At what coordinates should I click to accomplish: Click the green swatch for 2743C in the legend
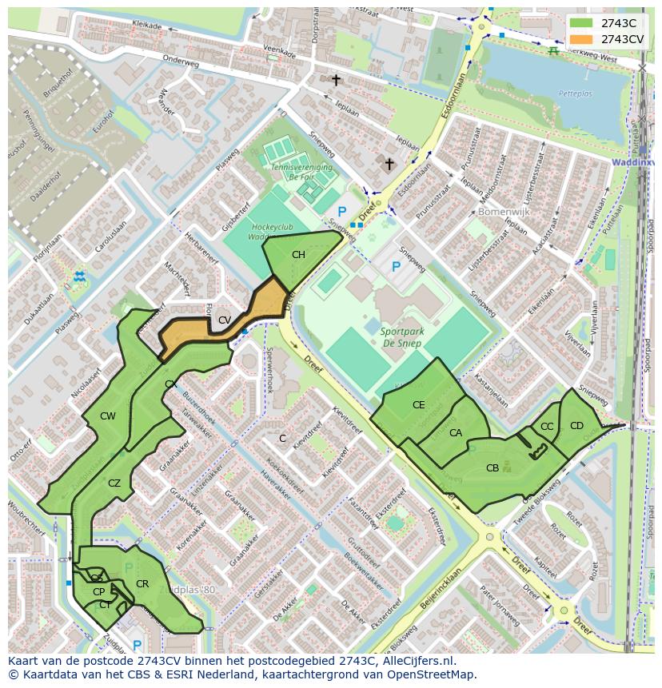coord(581,23)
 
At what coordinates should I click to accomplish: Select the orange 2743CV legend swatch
coord(581,39)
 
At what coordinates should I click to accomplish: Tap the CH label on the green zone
coord(298,255)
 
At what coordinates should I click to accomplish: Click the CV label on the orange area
coord(225,320)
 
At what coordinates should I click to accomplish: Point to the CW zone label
coord(108,416)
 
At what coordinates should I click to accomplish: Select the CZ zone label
coord(114,483)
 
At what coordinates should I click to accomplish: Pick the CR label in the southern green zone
coord(142,583)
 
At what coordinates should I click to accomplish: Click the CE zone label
coord(419,405)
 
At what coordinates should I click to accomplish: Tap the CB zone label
coord(493,467)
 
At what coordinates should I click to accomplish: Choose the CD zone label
coord(576,425)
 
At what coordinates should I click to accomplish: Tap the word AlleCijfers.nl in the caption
coord(416,661)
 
